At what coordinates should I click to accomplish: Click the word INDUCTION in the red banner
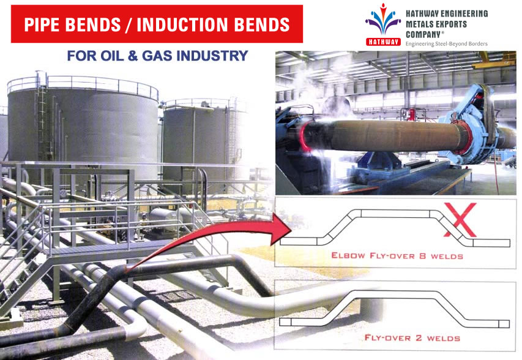(183, 24)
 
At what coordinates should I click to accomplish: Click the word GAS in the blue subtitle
(157, 56)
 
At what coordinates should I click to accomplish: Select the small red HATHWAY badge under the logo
(383, 42)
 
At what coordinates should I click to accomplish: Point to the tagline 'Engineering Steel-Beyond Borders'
(447, 43)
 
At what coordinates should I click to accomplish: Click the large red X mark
(460, 220)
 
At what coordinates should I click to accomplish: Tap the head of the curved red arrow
(282, 229)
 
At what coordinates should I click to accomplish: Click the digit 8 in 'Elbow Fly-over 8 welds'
(422, 256)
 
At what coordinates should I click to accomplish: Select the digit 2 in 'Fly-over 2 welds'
(419, 338)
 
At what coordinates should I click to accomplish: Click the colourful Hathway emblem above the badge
(383, 20)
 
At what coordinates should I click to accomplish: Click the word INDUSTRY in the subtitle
(212, 56)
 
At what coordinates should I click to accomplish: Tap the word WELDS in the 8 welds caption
(447, 256)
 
